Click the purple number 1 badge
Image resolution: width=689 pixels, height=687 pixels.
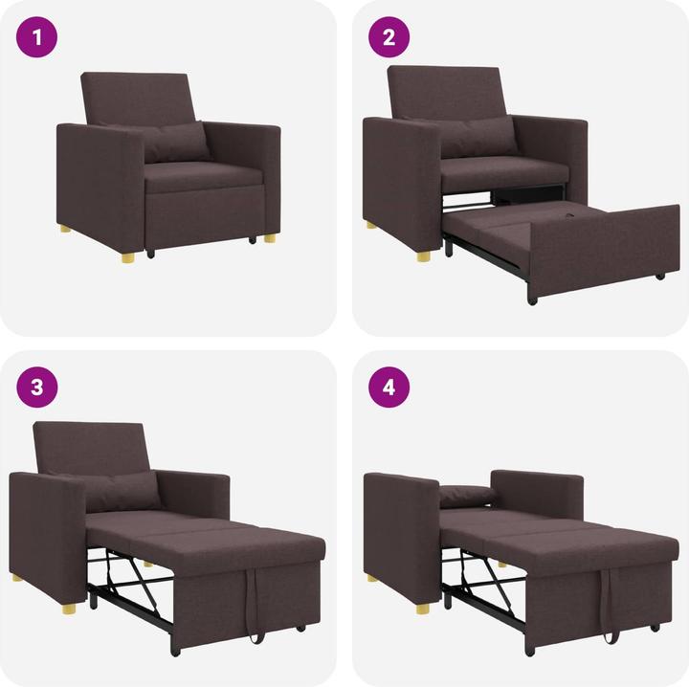tap(37, 38)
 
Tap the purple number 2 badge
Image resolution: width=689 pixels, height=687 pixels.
tap(389, 38)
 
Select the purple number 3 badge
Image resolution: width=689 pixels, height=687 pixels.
tap(37, 388)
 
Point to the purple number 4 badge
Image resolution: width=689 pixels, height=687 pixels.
tap(389, 388)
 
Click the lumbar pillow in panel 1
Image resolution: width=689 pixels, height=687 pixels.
tap(174, 143)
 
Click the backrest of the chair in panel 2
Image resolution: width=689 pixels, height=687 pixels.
tap(445, 91)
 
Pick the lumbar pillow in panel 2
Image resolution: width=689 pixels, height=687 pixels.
tap(478, 136)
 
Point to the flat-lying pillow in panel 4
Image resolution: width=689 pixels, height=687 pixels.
tap(467, 496)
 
